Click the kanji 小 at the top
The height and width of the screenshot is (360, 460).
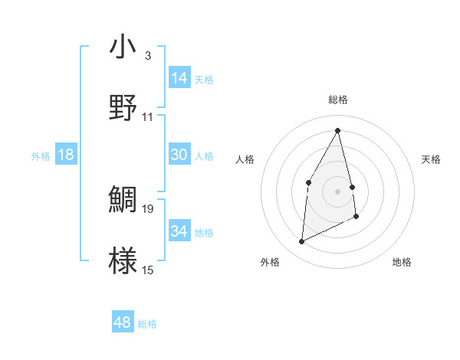pos(123,47)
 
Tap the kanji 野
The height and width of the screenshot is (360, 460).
pos(123,109)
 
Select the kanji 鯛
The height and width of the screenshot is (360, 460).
pos(123,199)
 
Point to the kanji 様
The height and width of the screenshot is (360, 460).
pos(123,260)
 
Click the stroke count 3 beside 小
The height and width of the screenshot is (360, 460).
pos(148,56)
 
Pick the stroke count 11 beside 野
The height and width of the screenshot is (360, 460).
pos(148,117)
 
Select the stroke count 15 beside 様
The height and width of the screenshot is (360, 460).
pos(148,270)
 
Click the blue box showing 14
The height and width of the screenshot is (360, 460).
pos(179,78)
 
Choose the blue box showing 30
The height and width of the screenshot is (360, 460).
pos(179,155)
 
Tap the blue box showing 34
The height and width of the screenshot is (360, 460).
pos(179,231)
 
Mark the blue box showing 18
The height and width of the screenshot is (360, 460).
pos(66,155)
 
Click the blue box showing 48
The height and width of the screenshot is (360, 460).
pos(123,322)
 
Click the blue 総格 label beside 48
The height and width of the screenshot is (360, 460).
pos(147,324)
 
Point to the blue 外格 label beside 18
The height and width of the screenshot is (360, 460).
pos(41,156)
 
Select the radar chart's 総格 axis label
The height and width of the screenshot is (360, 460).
pos(338,100)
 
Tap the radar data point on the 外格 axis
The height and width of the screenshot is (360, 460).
pos(301,242)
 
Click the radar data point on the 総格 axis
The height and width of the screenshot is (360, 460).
pos(338,131)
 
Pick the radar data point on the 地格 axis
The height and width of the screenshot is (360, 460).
pos(357,217)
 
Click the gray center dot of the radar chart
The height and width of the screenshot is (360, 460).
pos(338,191)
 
